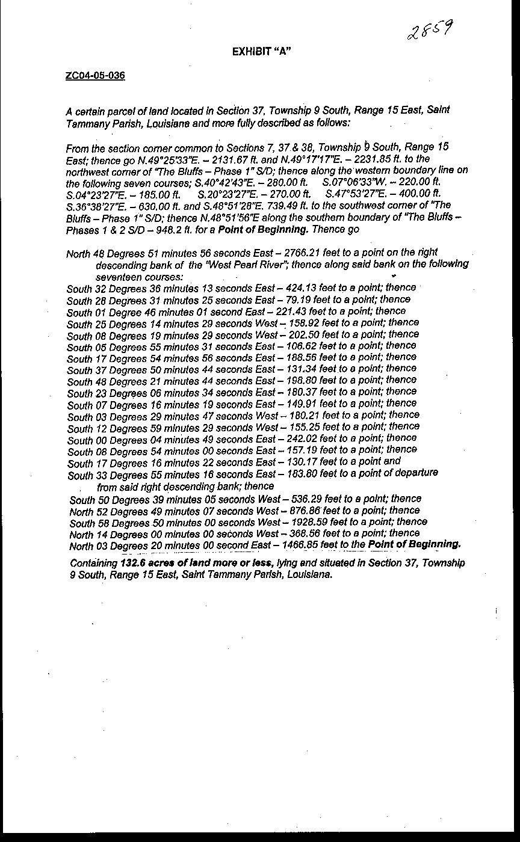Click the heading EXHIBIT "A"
[262, 52]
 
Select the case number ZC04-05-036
[95, 76]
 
